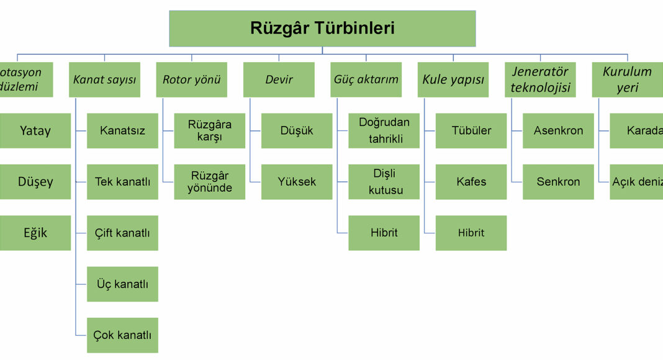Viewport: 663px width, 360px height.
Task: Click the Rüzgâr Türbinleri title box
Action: [322, 29]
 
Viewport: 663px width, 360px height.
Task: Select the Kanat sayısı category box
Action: [104, 79]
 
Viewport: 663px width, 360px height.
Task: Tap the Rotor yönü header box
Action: [192, 79]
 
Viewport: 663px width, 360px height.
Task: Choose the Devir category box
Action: [279, 79]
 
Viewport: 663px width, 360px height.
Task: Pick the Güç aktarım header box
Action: [366, 79]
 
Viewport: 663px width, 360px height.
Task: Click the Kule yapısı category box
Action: [453, 79]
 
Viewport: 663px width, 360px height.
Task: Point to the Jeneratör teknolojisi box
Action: [540, 79]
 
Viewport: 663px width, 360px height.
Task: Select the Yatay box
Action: [35, 131]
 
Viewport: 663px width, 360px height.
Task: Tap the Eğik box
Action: [35, 233]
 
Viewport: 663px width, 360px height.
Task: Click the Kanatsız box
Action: [122, 131]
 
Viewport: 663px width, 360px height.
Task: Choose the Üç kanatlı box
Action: [122, 284]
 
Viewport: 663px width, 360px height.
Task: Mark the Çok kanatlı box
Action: [122, 335]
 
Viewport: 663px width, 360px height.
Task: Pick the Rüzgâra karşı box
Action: [210, 131]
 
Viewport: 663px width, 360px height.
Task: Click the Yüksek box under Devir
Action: [297, 182]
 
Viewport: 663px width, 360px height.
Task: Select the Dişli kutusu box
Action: [384, 182]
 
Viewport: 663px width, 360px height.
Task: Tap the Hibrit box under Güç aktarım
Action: [384, 233]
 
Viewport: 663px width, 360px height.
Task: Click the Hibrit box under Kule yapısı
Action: [471, 233]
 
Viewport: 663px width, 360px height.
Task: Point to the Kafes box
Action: [471, 182]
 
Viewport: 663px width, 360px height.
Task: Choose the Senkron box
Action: [558, 182]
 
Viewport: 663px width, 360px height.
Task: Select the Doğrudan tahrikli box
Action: [384, 131]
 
